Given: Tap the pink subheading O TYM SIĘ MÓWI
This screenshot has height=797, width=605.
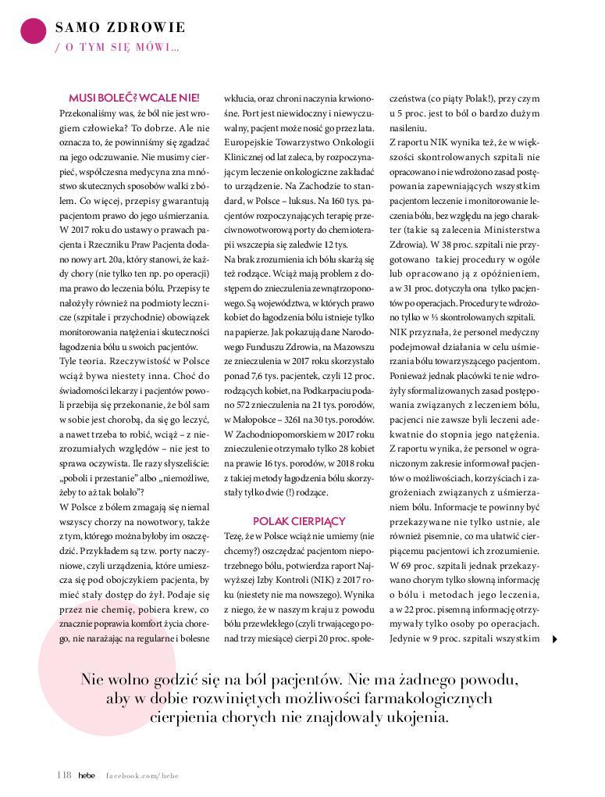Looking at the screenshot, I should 121,48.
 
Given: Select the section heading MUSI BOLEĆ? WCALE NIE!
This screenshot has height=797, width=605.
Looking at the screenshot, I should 134,98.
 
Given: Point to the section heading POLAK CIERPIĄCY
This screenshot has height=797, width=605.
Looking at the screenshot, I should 299,521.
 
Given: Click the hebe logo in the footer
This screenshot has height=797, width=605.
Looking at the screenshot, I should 87,774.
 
